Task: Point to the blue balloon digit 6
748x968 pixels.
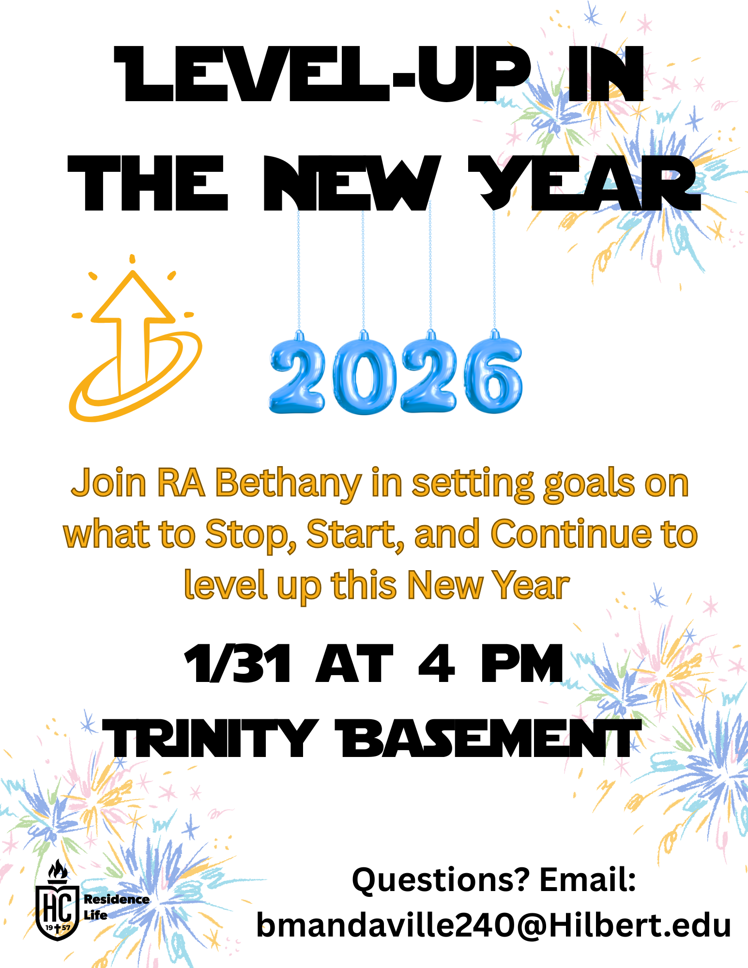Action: coord(493,375)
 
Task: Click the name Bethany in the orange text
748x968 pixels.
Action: coord(288,483)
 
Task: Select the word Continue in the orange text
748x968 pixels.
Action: coord(571,534)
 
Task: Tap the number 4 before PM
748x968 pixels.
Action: coord(436,664)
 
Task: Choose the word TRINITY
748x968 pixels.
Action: coord(210,738)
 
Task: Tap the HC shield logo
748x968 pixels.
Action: coord(57,912)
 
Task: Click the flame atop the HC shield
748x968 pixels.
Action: coord(58,871)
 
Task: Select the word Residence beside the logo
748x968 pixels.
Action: coord(117,899)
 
